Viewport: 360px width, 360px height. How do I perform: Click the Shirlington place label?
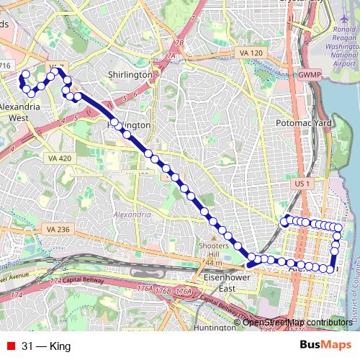[130, 74]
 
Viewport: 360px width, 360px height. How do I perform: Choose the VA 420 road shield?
[59, 158]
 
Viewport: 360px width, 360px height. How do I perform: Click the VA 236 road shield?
[58, 229]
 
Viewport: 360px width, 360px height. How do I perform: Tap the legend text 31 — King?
[46, 346]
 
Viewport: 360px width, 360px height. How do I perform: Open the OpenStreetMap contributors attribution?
[297, 323]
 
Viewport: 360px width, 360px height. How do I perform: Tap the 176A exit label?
[184, 291]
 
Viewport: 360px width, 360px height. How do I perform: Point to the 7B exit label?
[179, 43]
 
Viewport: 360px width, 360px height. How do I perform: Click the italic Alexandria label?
[132, 214]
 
